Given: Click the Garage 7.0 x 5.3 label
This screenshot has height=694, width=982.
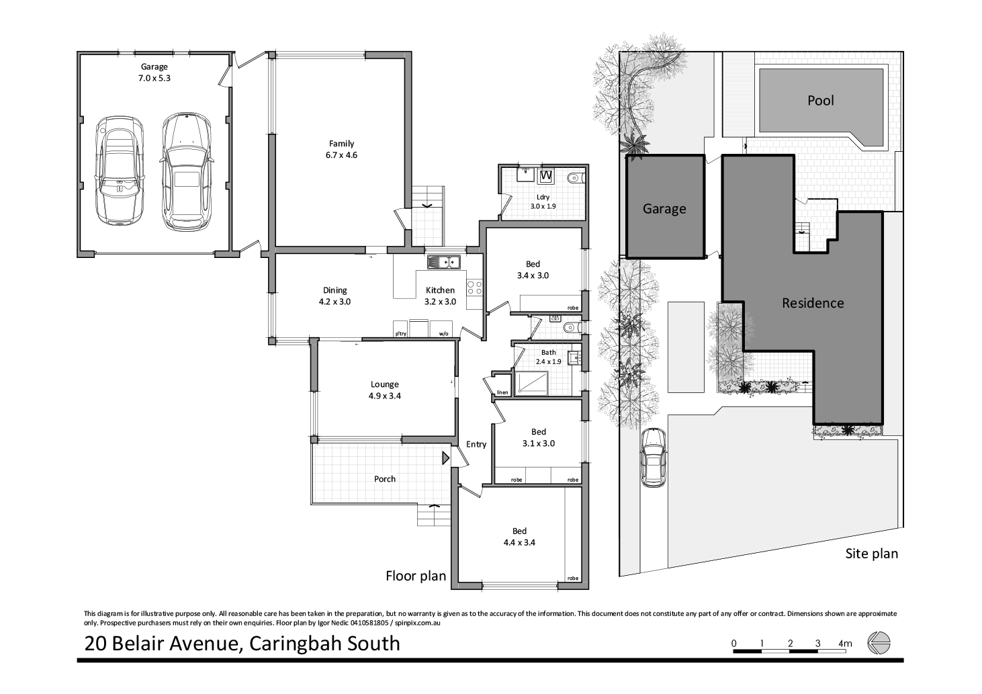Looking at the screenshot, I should point(154,72).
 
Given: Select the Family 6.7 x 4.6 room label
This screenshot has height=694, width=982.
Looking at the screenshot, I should point(341,149).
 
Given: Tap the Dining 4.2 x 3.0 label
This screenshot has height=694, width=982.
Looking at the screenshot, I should point(334,296).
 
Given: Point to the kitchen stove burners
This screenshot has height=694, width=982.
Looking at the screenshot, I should point(475,288).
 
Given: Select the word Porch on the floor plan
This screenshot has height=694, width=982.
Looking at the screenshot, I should point(385,479).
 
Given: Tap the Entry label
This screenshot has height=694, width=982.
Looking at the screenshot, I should point(476,444).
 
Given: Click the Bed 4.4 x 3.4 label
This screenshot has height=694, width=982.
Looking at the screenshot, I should point(519,537).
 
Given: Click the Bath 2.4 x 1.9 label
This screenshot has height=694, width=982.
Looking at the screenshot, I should point(548,357).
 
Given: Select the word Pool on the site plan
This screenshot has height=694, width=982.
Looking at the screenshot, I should point(820,101).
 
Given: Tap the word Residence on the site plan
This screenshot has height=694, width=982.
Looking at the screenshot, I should point(812,303).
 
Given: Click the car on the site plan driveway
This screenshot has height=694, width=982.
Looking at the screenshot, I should point(653,457).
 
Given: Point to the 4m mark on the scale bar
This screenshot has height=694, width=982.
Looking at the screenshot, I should point(845,644).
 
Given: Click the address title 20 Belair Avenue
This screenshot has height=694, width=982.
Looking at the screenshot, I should point(242,643).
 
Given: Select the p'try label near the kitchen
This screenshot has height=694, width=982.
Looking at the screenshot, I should point(401,333).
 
